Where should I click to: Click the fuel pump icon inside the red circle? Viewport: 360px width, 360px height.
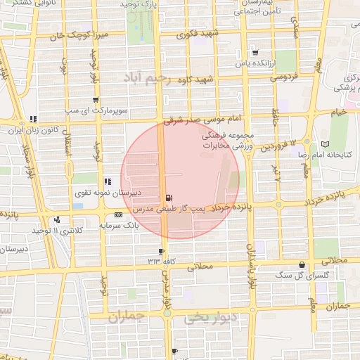(x=168, y=198)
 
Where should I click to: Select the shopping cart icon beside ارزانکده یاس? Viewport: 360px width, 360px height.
(x=255, y=52)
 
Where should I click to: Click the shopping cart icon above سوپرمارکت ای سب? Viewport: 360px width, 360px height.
(x=95, y=100)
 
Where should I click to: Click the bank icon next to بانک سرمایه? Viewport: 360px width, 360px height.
(x=117, y=214)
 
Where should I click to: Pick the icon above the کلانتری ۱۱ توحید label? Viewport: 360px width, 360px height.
(x=56, y=219)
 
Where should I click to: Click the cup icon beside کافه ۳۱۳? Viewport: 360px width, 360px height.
(x=162, y=251)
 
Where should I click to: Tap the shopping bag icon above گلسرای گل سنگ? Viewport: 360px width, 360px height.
(x=302, y=264)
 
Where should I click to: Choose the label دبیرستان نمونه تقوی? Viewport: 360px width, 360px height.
(x=108, y=192)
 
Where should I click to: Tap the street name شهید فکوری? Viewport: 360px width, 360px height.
(x=199, y=34)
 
